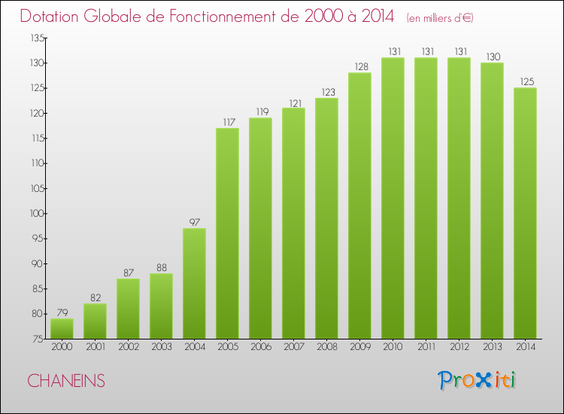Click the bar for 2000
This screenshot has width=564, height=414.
(x=62, y=329)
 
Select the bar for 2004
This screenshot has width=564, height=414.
(x=194, y=284)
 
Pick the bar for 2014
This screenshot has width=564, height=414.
(x=525, y=213)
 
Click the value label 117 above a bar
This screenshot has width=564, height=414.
(x=227, y=122)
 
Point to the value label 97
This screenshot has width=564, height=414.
(x=194, y=222)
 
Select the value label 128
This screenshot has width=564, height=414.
(x=359, y=66)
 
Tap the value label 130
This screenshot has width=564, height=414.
(x=492, y=56)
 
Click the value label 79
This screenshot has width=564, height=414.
(x=62, y=312)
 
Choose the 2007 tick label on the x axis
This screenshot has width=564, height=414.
(x=293, y=347)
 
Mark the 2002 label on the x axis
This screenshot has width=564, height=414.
(x=128, y=347)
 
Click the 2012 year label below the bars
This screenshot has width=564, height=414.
(x=459, y=347)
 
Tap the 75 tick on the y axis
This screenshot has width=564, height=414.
(x=36, y=339)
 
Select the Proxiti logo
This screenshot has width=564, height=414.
(x=478, y=380)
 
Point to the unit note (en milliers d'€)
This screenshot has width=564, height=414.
(x=441, y=17)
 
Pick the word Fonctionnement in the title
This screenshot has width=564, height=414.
(x=218, y=16)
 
